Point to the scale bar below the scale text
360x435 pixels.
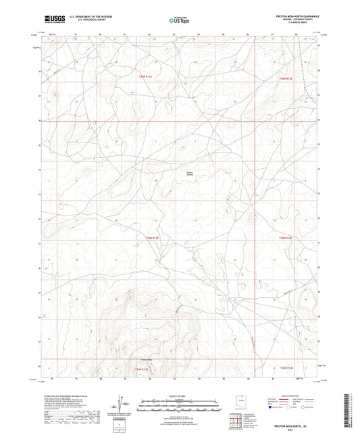(179, 401)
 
